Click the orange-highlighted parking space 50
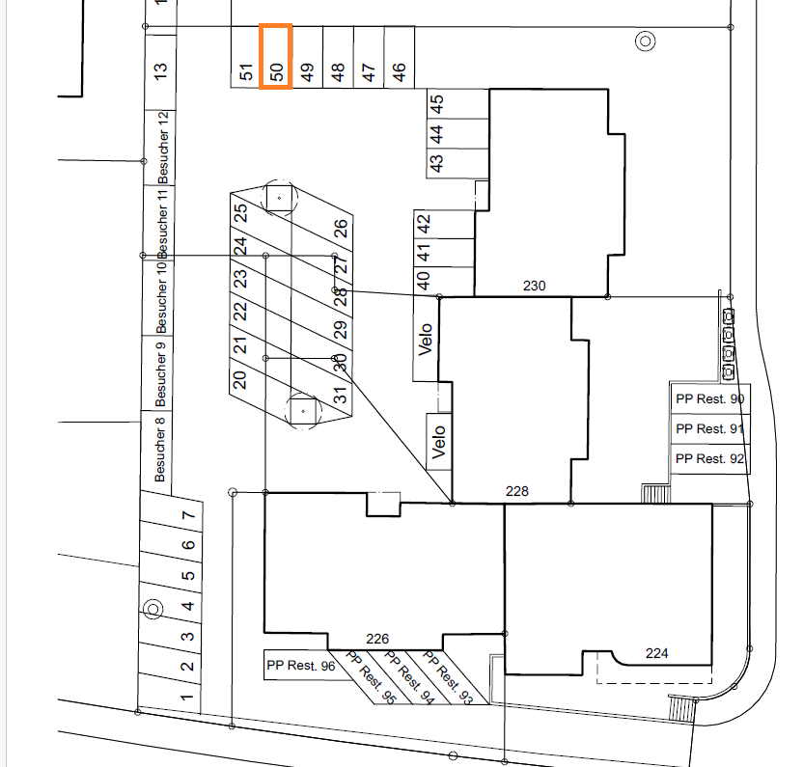(275, 56)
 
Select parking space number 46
(399, 57)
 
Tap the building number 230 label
(534, 286)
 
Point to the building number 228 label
(516, 491)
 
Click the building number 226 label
(377, 639)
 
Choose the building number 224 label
(656, 653)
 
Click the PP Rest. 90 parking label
(709, 398)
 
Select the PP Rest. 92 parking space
(709, 459)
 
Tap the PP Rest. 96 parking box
(300, 665)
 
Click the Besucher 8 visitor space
(156, 450)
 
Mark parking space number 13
(160, 71)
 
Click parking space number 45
(457, 104)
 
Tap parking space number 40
(444, 281)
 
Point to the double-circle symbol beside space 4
(152, 610)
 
